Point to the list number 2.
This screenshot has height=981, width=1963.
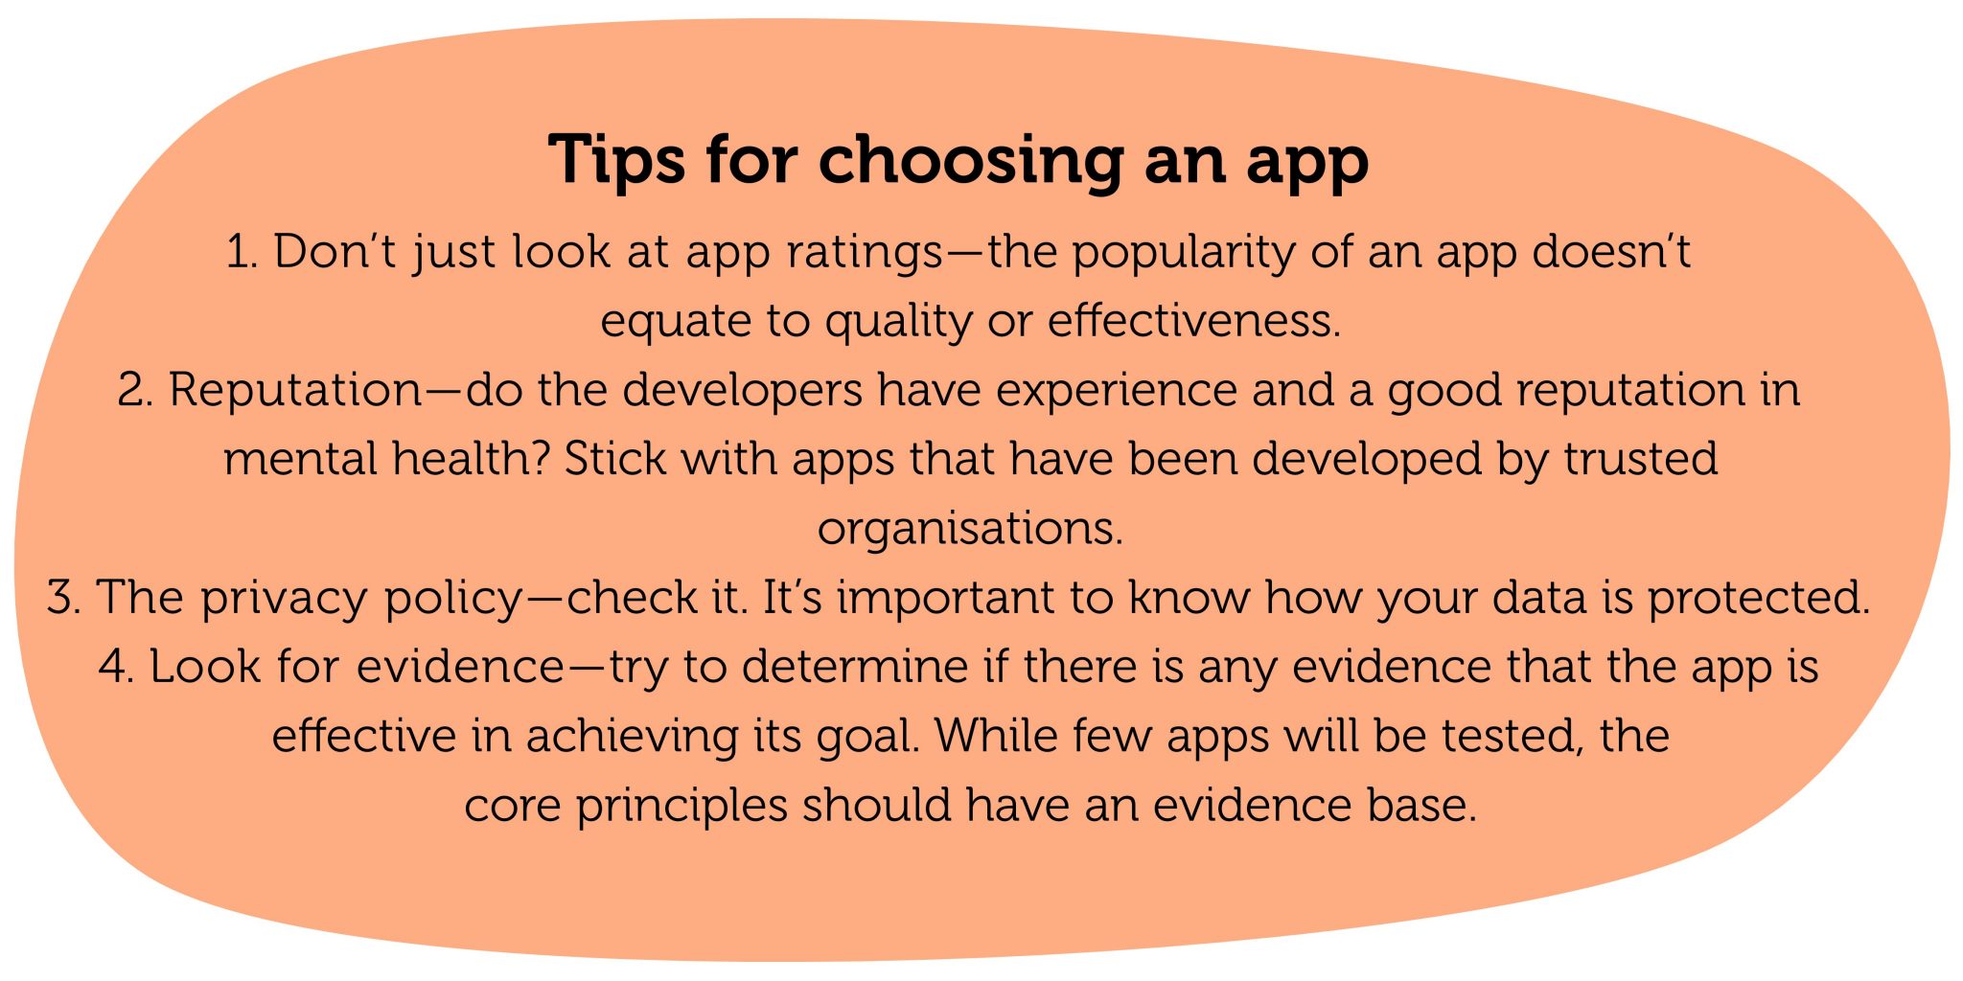135,390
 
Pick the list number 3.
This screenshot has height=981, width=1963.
64,597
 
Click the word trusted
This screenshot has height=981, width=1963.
1640,458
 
